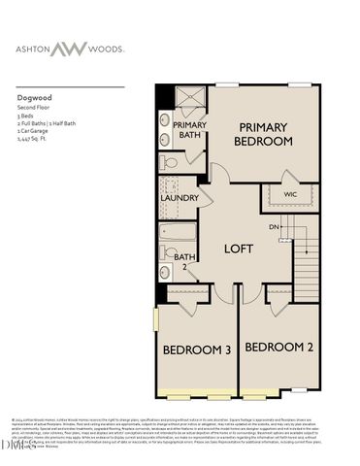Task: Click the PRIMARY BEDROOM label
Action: click(x=263, y=134)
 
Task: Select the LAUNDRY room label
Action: click(x=180, y=198)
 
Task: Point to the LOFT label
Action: click(x=239, y=249)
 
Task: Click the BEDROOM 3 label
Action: click(x=195, y=349)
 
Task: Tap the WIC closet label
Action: click(x=289, y=194)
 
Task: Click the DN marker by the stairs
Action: click(x=275, y=227)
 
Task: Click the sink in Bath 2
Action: click(x=167, y=274)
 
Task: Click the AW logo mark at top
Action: click(x=180, y=48)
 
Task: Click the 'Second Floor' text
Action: click(x=34, y=107)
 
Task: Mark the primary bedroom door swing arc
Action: click(x=220, y=173)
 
